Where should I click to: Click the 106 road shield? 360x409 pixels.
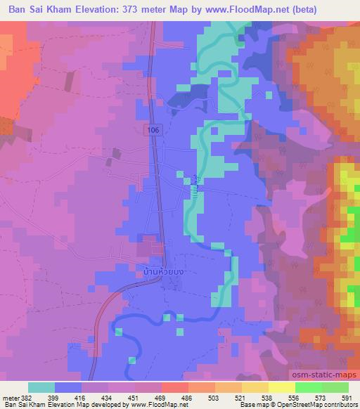click(x=153, y=129)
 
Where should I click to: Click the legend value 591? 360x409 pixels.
click(x=348, y=397)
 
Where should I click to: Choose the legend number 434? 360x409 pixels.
click(x=105, y=397)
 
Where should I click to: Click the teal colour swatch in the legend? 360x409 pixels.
click(x=41, y=387)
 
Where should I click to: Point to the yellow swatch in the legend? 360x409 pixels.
click(x=255, y=387)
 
